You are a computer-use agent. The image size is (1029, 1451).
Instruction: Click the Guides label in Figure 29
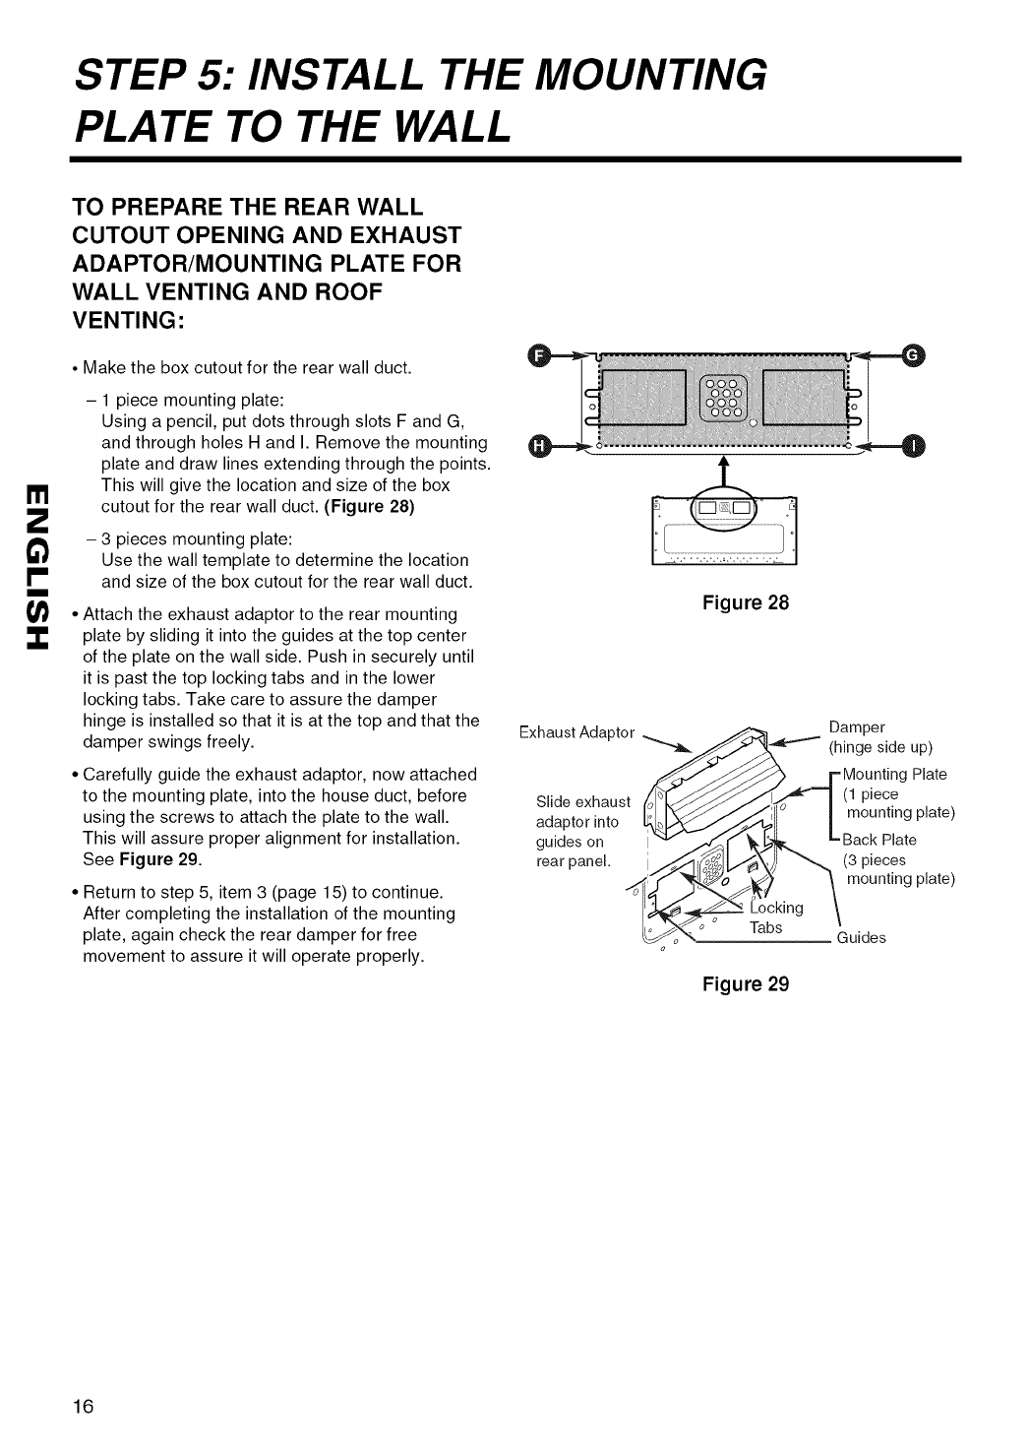tap(861, 937)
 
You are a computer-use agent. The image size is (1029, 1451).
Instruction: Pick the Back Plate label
tap(878, 840)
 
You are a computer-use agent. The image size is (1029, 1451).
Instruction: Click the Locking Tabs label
tap(776, 916)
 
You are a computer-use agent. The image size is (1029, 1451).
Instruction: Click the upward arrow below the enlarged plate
tap(725, 468)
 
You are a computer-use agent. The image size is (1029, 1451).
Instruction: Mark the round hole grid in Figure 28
tap(725, 400)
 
